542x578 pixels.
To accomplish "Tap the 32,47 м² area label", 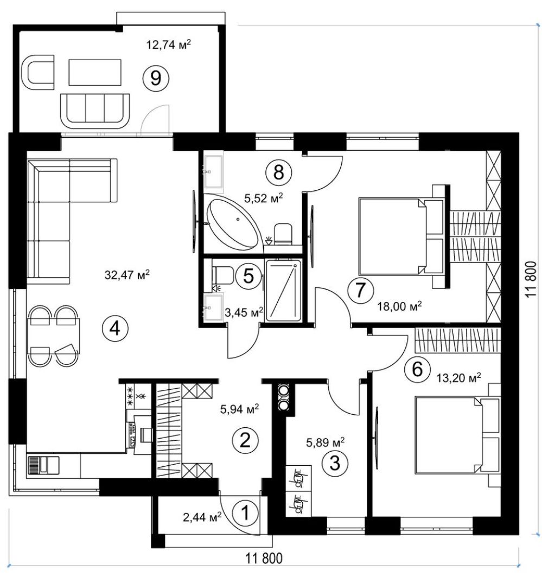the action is click(x=127, y=274).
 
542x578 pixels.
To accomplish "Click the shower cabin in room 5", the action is click(x=283, y=290).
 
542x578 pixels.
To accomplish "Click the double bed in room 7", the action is click(x=401, y=236).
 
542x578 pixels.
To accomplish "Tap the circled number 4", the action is click(x=116, y=328).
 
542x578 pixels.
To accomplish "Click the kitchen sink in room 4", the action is click(x=43, y=465).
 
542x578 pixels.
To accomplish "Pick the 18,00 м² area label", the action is click(x=399, y=306).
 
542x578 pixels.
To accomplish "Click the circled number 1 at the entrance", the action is click(x=245, y=513).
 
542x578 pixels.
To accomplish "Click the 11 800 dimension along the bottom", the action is click(x=264, y=558).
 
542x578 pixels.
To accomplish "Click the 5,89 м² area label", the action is click(x=326, y=442).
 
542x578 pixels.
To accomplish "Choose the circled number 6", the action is click(x=417, y=369).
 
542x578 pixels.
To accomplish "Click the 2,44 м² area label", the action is click(x=202, y=517).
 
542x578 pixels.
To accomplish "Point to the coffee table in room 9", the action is click(x=95, y=72).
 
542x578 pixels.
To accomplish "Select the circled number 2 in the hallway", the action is click(x=245, y=440).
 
